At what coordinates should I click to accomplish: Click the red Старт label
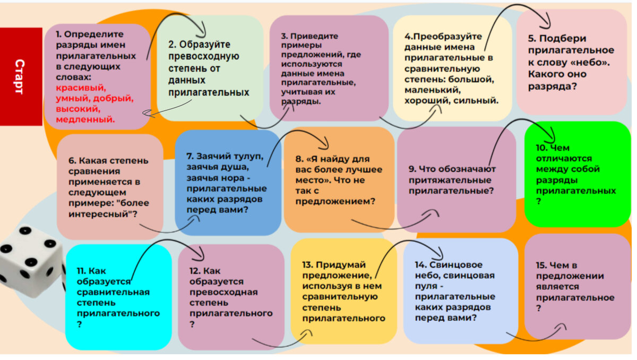20,76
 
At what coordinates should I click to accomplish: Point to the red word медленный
85,119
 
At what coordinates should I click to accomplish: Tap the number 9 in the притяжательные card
411,169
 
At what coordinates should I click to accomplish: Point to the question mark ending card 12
192,324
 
